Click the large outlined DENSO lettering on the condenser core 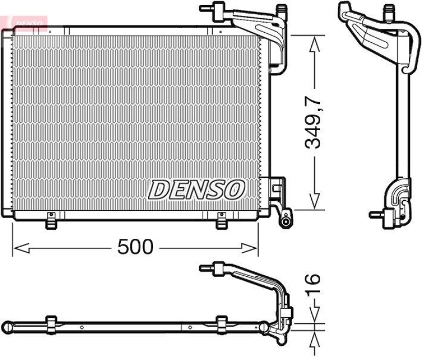click(197, 189)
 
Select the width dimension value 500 click(135, 247)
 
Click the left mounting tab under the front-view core click(51, 221)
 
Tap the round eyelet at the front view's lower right click(285, 221)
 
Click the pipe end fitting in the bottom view click(207, 268)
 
